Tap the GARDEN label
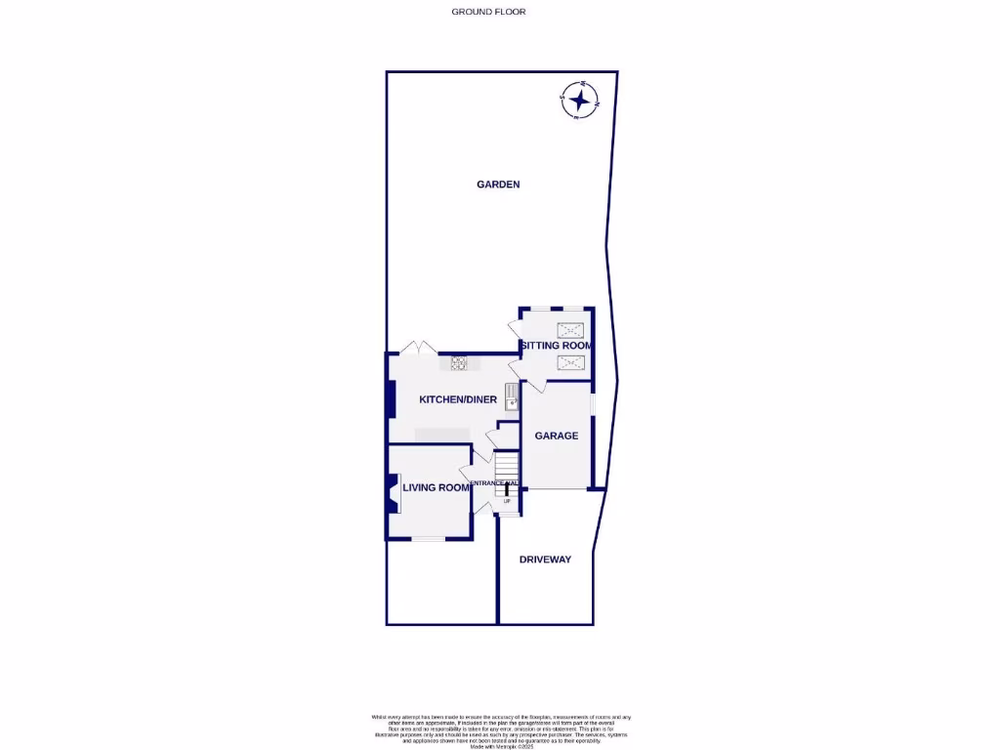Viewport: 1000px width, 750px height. (x=498, y=184)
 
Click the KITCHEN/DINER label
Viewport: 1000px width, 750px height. (x=458, y=399)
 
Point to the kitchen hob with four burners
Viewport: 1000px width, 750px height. (x=458, y=364)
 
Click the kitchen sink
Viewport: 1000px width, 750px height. (x=512, y=397)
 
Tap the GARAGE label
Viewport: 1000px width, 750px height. (x=556, y=436)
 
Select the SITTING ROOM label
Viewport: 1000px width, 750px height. (x=556, y=346)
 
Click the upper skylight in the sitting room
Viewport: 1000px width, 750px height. (x=570, y=330)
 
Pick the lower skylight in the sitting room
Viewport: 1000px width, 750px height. (x=570, y=363)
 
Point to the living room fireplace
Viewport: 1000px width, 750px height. (x=393, y=492)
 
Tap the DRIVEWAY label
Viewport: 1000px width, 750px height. (x=545, y=560)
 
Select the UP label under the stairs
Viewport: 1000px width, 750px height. (x=507, y=501)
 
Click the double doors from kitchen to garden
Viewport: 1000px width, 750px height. (x=418, y=348)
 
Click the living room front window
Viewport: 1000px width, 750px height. (x=427, y=539)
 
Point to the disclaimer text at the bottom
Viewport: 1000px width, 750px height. (x=501, y=730)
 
